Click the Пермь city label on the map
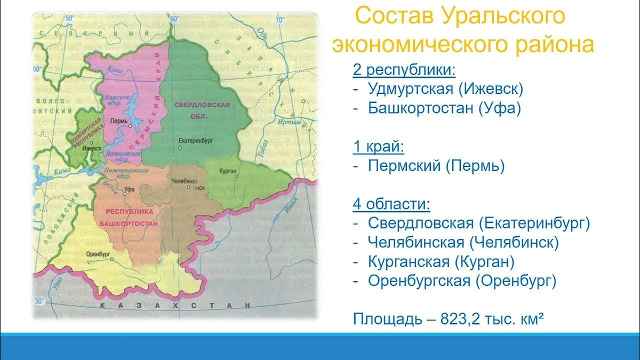tap(117, 121)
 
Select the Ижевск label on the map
tap(92, 148)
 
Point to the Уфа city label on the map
tap(129, 189)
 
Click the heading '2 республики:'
tap(404, 69)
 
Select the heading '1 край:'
tap(379, 146)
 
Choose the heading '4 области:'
tap(391, 204)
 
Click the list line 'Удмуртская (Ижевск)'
tap(445, 89)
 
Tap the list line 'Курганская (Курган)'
tap(441, 261)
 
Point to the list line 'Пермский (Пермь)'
tap(436, 166)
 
